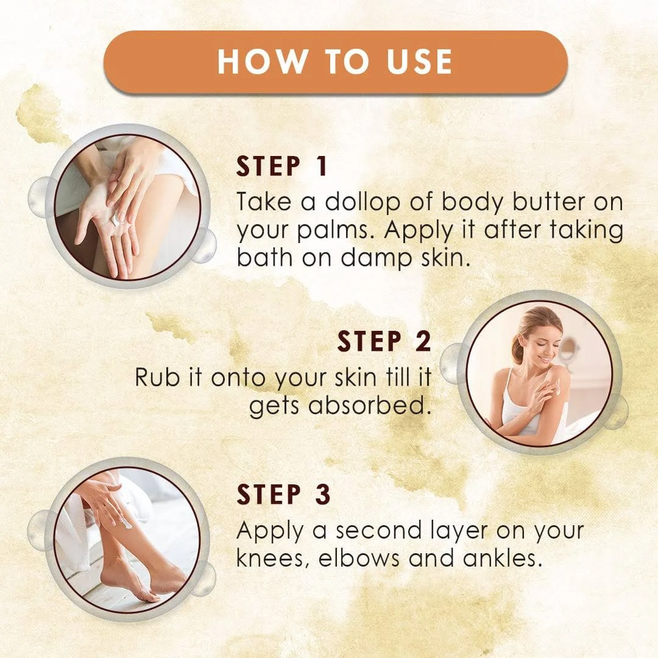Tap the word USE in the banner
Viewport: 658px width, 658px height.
(x=419, y=62)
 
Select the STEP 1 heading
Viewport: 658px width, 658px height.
(x=281, y=166)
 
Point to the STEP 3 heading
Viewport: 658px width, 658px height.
(x=284, y=494)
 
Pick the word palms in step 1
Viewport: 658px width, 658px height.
(x=335, y=232)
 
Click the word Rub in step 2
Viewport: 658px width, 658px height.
(x=158, y=377)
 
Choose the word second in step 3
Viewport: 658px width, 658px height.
(x=380, y=531)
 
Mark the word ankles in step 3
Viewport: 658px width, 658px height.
(x=500, y=559)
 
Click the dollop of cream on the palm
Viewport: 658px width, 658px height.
(x=116, y=220)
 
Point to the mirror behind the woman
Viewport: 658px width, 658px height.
(x=568, y=348)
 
